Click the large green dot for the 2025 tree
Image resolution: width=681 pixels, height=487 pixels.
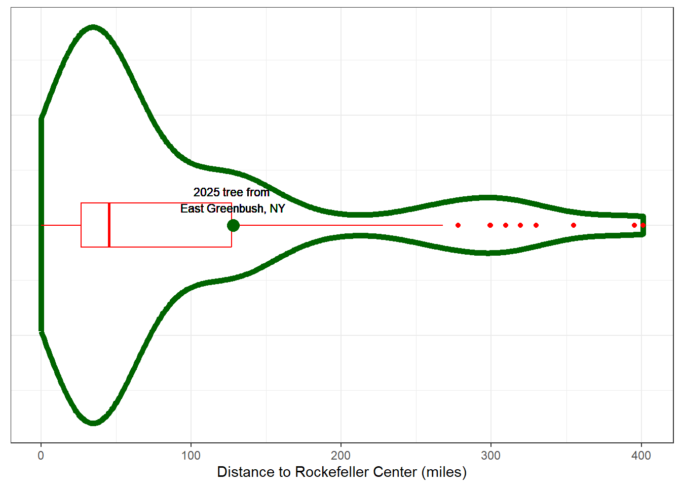click(233, 225)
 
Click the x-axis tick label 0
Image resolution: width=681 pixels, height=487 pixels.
click(41, 456)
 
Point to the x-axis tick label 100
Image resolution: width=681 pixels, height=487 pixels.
click(191, 456)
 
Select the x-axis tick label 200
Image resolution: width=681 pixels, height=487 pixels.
click(341, 456)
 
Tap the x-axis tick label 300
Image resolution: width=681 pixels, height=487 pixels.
click(491, 456)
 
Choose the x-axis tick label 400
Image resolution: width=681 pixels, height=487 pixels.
click(641, 456)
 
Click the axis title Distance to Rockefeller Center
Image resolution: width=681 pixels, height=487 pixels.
click(342, 472)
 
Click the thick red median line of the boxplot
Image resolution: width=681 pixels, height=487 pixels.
click(109, 225)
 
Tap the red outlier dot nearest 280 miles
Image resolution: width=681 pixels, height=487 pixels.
click(458, 225)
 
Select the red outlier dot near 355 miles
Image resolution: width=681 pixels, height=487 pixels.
click(574, 225)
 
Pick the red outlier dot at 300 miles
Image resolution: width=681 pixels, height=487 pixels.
click(490, 225)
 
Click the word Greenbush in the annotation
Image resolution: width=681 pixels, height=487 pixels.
click(236, 208)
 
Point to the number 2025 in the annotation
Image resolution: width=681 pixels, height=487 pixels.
click(206, 192)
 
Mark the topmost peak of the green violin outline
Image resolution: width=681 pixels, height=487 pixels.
click(93, 27)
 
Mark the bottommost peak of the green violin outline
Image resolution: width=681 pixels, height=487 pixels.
click(93, 423)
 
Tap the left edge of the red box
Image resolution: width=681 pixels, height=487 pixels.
click(81, 225)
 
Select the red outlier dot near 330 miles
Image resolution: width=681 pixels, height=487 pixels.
click(536, 225)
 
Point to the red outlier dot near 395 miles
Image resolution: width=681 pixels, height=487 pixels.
click(634, 225)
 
